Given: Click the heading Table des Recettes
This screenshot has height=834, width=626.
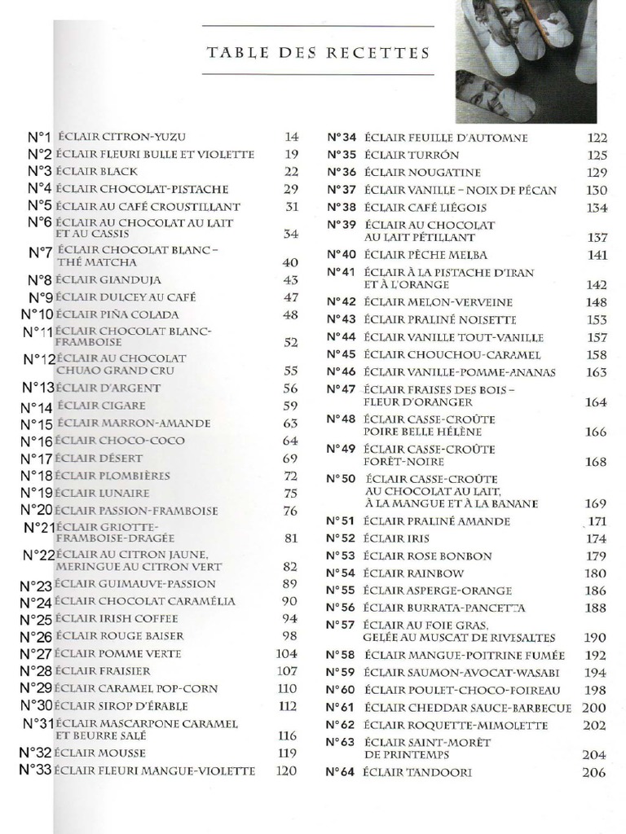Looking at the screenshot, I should [318, 54].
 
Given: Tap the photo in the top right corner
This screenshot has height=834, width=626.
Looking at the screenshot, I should [526, 61].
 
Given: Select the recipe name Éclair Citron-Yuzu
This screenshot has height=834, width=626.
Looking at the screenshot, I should [126, 137].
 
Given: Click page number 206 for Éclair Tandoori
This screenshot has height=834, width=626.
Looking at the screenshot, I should [594, 772].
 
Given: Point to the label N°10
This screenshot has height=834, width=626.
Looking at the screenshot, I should [37, 314].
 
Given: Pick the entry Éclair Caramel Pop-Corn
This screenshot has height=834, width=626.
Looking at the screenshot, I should [137, 688].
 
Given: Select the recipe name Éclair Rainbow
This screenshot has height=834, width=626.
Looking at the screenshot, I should [414, 573].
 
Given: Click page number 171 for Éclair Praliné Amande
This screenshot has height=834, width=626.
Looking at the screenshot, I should [597, 521].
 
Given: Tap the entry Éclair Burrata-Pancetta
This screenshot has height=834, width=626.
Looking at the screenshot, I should [444, 608].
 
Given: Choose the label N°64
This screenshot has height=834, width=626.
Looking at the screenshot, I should [341, 772].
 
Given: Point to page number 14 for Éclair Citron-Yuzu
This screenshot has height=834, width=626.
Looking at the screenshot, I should [292, 137].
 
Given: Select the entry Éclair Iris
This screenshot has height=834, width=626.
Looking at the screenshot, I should [396, 538].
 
